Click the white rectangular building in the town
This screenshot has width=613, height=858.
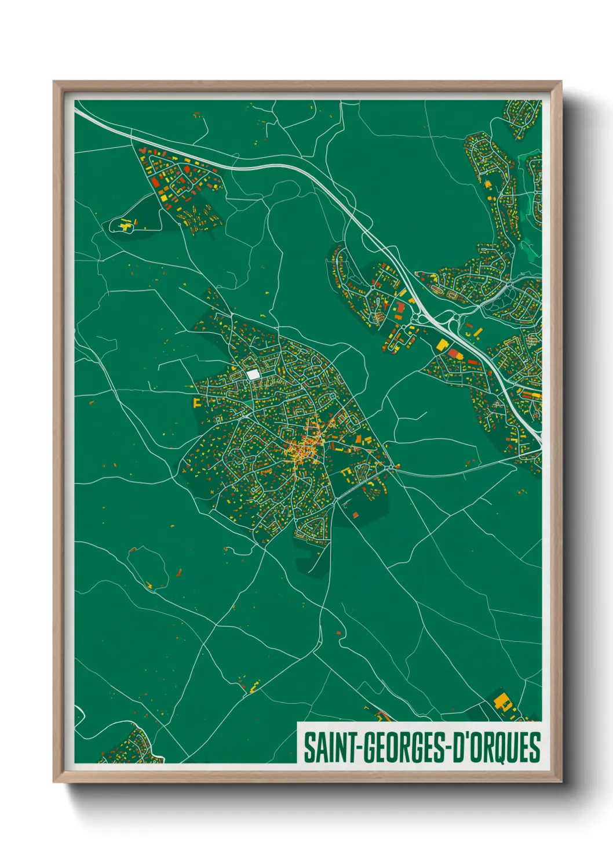tap(253, 375)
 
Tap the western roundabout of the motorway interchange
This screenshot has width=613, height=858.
tap(415, 318)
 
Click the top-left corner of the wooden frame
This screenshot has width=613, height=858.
tap(54, 82)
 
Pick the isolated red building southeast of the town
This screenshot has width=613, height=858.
tap(355, 514)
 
